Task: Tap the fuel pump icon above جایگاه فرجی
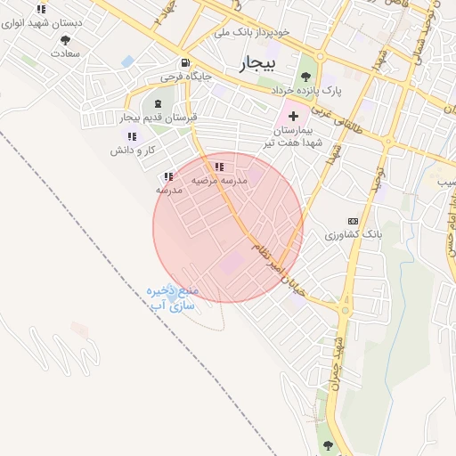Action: [x=184, y=63]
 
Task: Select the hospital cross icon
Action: [x=293, y=117]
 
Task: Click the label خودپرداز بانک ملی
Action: [x=253, y=33]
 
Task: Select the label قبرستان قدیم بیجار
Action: [x=159, y=118]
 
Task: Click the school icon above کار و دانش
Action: [x=133, y=136]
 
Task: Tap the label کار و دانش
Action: [x=133, y=150]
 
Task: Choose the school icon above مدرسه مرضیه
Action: [x=219, y=167]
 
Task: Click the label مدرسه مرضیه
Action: [x=219, y=180]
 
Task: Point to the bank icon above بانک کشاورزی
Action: [x=353, y=220]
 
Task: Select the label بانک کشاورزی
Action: [x=353, y=234]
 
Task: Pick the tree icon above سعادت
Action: [x=65, y=40]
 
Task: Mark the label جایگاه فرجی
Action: [x=185, y=77]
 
